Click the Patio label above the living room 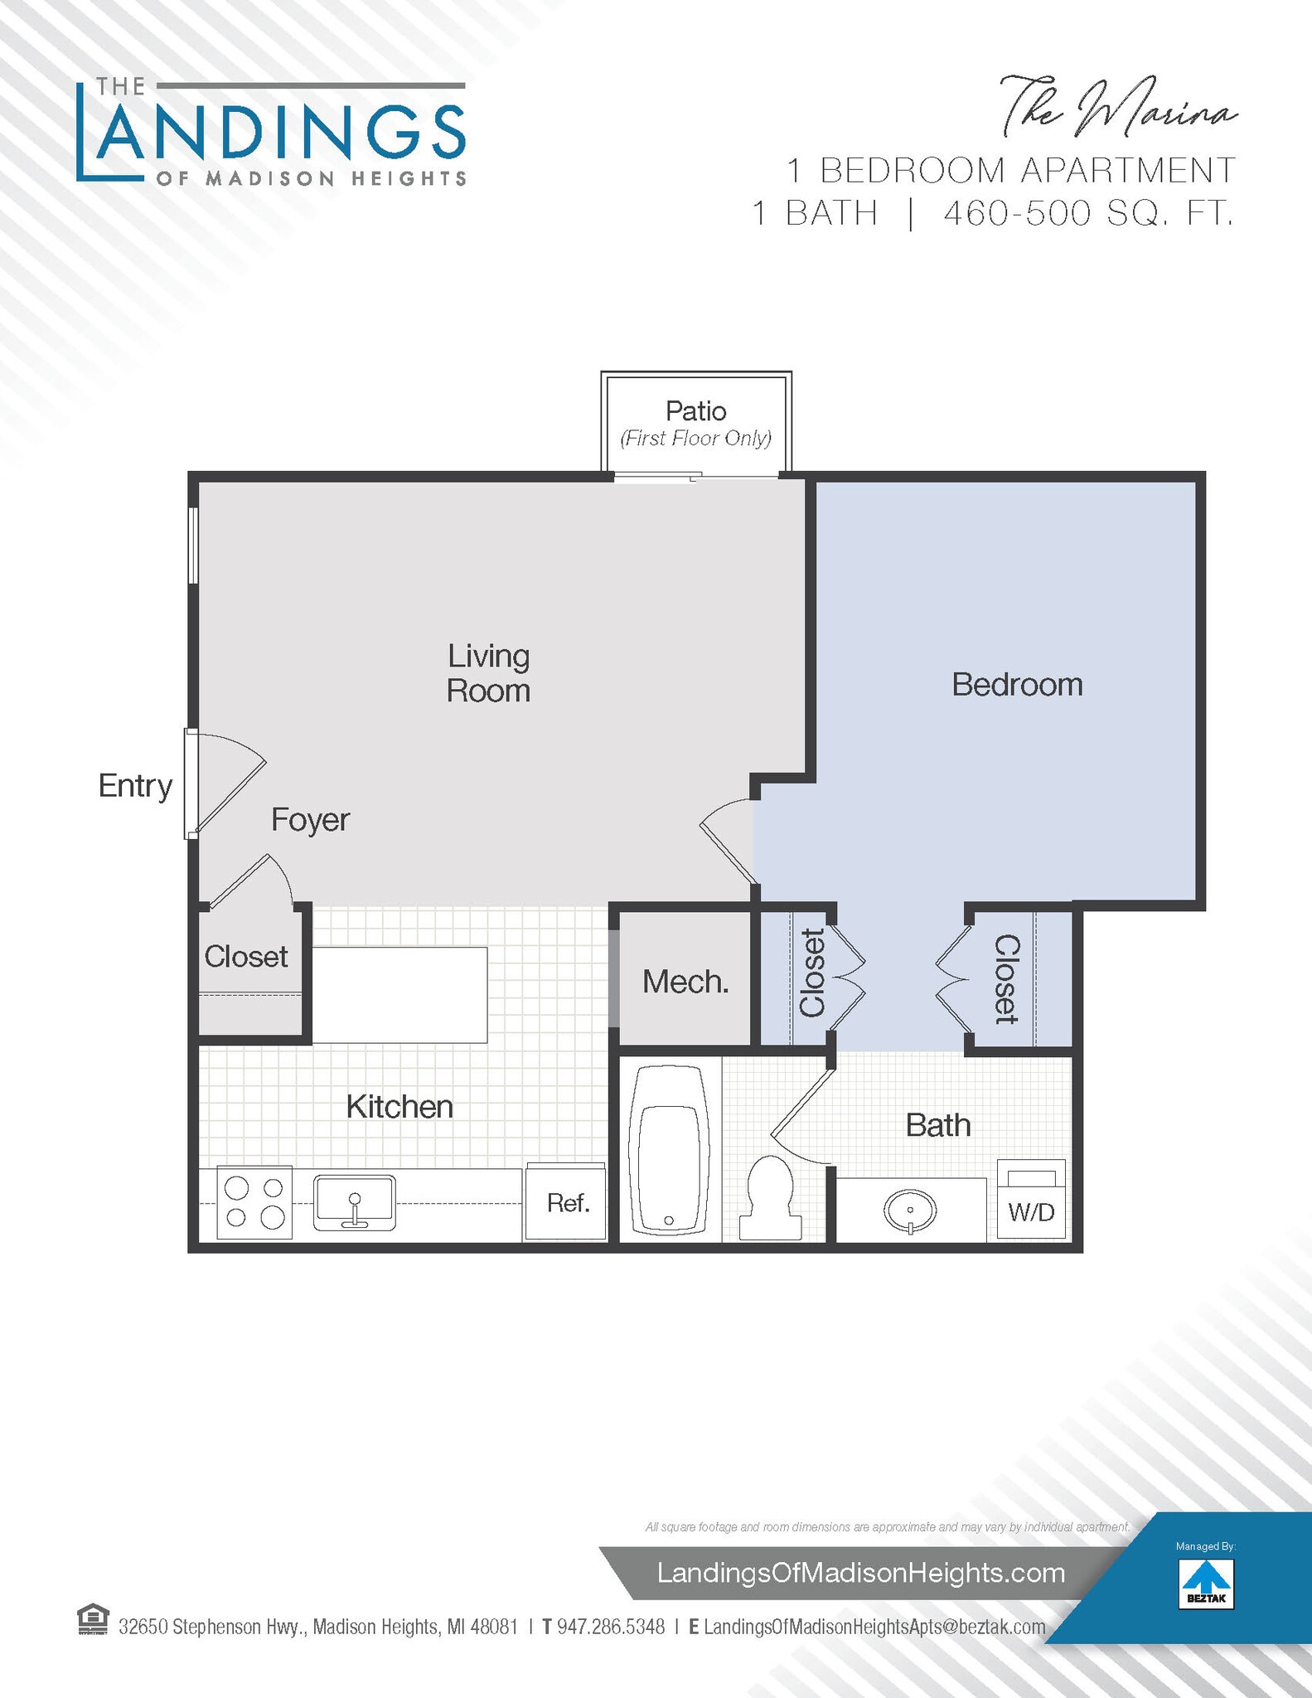(x=695, y=411)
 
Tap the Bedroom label (x=1017, y=685)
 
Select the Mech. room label (x=685, y=982)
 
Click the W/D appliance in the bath (x=1031, y=1199)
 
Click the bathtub (x=669, y=1149)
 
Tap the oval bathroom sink (x=910, y=1210)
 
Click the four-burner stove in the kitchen (x=254, y=1202)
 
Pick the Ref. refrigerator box (x=567, y=1202)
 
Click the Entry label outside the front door (x=135, y=785)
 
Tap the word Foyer (x=310, y=820)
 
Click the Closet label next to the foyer (x=245, y=957)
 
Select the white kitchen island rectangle (x=399, y=995)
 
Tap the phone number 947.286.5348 (x=610, y=1627)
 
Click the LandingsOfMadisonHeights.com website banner (x=860, y=1573)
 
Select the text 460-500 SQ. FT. (x=1088, y=214)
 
